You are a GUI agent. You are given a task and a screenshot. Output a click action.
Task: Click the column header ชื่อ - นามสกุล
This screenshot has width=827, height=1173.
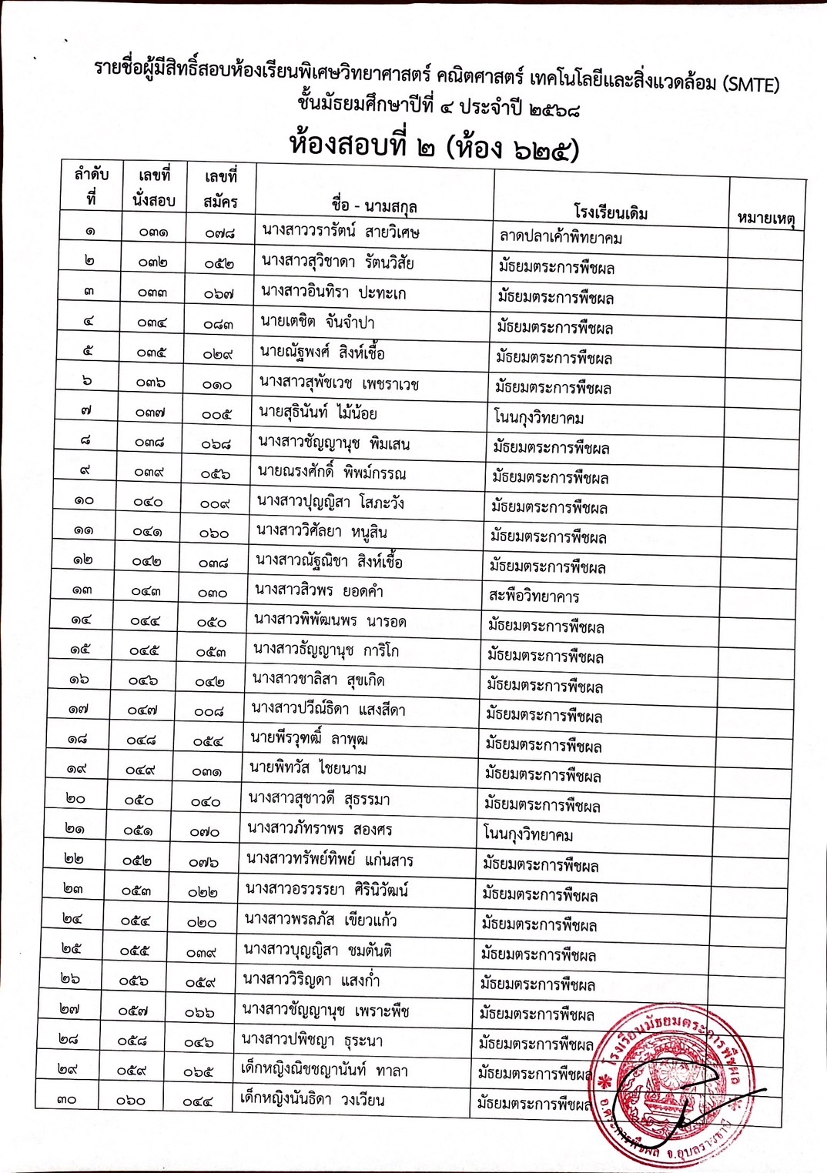click(374, 206)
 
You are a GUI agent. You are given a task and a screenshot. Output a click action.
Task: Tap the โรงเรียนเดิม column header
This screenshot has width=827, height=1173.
click(611, 212)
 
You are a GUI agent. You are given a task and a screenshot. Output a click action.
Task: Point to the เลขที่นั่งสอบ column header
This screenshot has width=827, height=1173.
click(154, 189)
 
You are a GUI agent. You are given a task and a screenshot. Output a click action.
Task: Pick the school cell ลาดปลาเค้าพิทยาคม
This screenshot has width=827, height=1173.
click(561, 238)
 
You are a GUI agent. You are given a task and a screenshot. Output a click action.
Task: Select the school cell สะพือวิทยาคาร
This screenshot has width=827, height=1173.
click(534, 596)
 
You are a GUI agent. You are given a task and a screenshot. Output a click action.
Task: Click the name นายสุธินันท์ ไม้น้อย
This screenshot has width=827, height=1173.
click(318, 413)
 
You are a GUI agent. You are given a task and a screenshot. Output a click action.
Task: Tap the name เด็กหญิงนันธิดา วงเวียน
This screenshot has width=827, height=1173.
click(312, 1099)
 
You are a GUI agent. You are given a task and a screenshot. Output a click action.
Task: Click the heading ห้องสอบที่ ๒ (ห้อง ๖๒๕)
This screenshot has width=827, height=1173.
click(434, 145)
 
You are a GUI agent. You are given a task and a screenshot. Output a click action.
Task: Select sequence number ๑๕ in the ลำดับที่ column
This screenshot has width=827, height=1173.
click(80, 650)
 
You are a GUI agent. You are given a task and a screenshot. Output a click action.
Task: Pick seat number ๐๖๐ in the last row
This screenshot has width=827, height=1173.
click(131, 1101)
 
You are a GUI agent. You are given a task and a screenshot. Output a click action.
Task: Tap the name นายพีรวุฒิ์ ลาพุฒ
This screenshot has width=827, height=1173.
click(309, 739)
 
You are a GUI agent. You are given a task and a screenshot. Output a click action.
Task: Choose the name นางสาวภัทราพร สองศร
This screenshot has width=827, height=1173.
click(320, 830)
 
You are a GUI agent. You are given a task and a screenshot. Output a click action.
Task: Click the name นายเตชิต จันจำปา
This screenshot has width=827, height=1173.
click(317, 322)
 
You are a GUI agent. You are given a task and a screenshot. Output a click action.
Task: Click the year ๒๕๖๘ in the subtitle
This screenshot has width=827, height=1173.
click(554, 109)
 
